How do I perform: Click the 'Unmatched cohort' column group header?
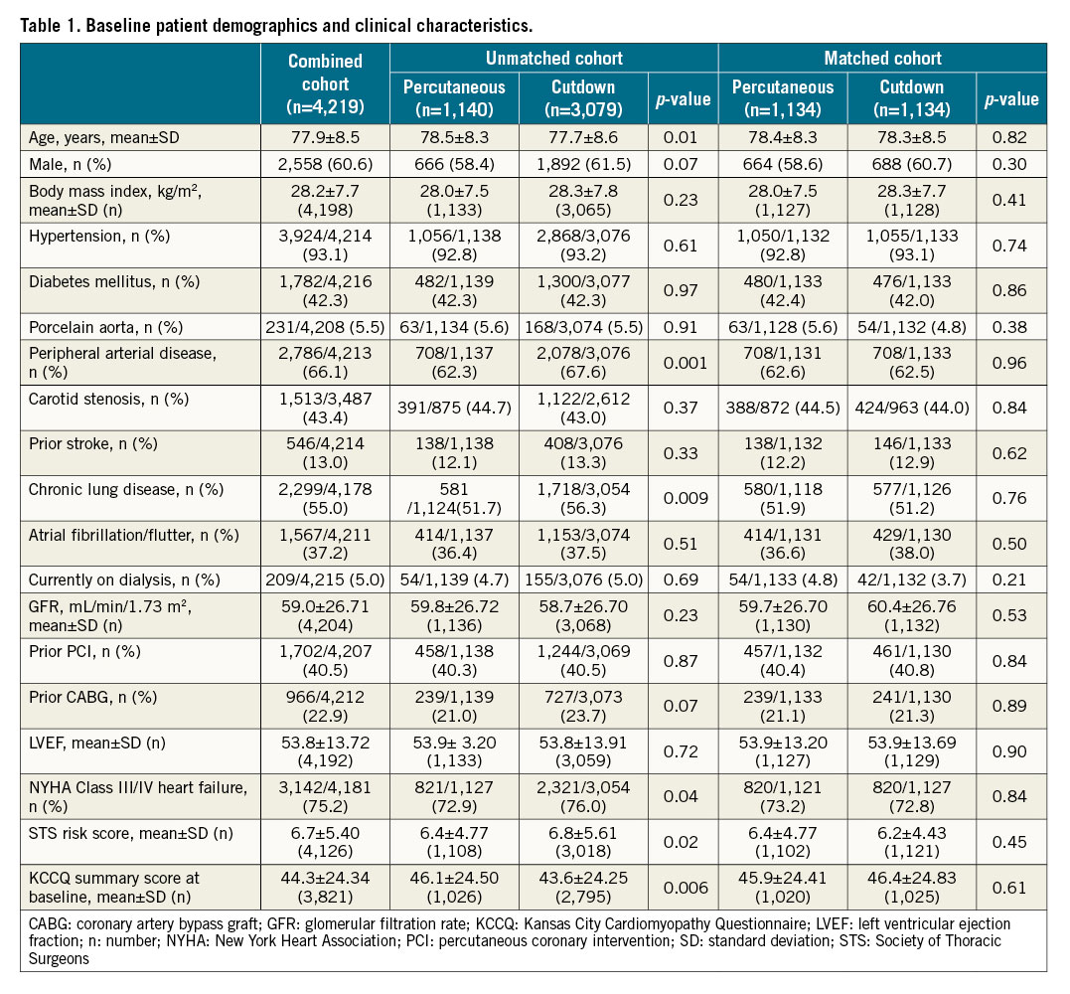coord(553,58)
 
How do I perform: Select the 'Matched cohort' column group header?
coord(882,58)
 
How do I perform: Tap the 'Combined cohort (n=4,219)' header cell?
coord(325,84)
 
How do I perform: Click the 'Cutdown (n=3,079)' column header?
coord(582,99)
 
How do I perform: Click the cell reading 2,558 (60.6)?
coord(325,160)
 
